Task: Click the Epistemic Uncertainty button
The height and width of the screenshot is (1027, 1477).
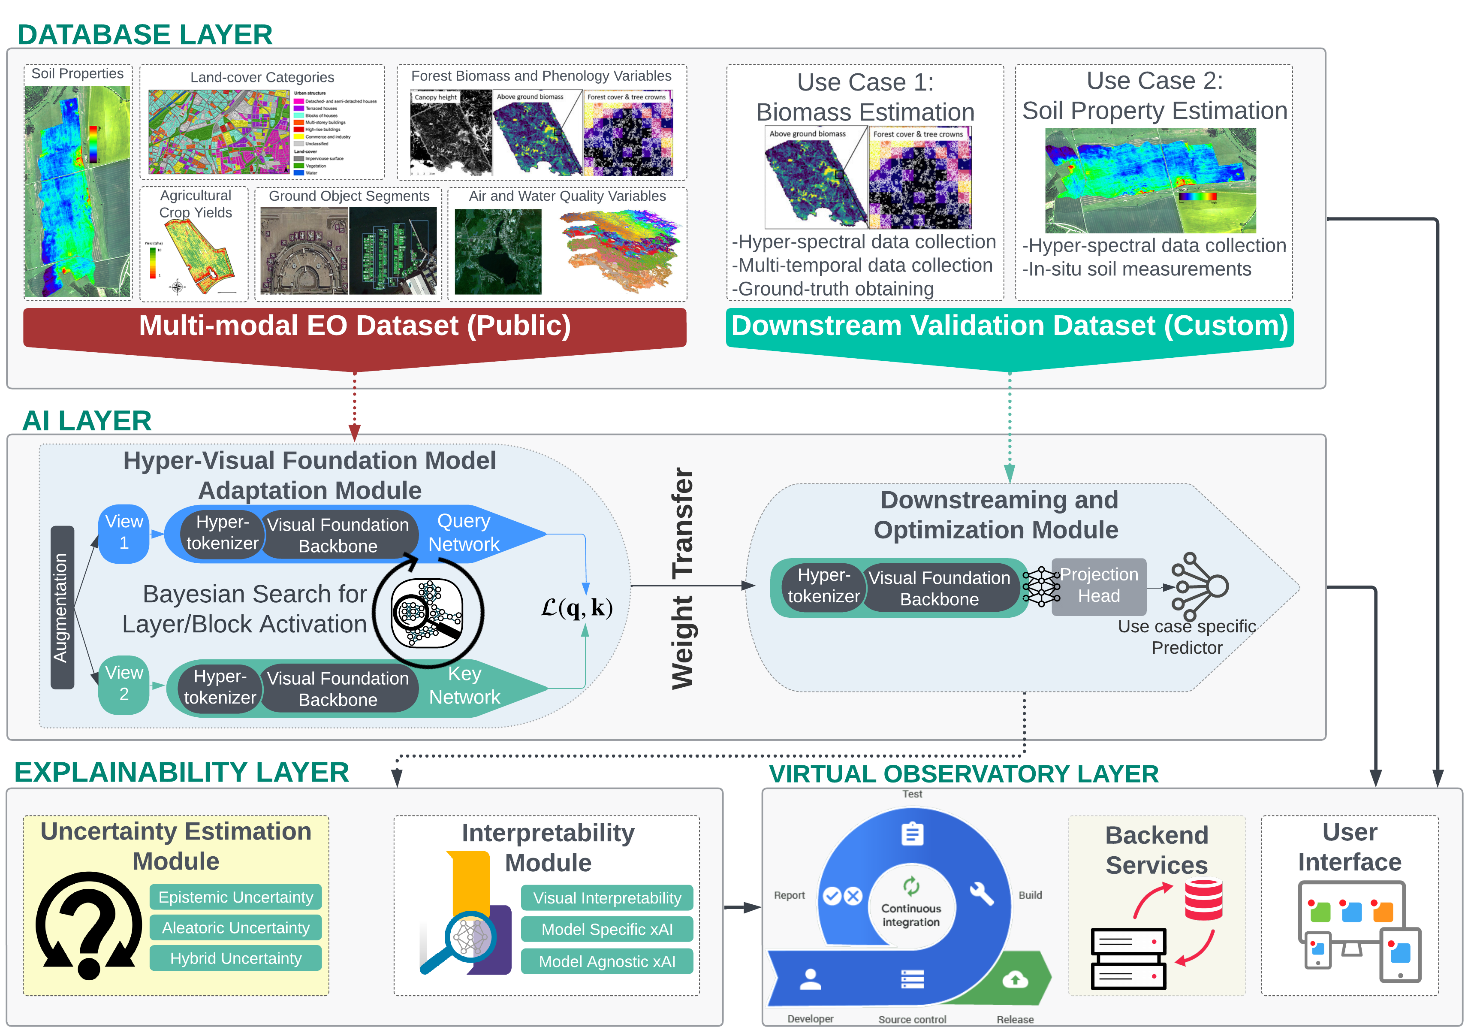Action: click(x=235, y=897)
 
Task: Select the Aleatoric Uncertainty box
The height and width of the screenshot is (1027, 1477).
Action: click(x=235, y=927)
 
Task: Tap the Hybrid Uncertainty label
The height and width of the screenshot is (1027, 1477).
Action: click(x=235, y=958)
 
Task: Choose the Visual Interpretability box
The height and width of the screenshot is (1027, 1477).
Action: click(x=606, y=897)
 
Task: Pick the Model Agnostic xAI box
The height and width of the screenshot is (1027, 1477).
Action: click(x=606, y=961)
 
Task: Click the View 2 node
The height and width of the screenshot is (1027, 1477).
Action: click(x=124, y=683)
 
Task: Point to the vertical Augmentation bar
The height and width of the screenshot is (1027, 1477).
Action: click(x=62, y=607)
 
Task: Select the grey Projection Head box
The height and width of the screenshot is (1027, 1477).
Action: click(x=1099, y=586)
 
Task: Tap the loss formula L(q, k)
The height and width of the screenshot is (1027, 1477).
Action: click(x=576, y=607)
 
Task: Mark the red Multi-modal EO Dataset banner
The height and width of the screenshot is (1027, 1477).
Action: click(x=354, y=326)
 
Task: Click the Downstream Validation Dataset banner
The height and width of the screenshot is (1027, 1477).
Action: click(x=1010, y=326)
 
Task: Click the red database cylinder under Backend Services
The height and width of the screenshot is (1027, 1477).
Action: click(x=1203, y=900)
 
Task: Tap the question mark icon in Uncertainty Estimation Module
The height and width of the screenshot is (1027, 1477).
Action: click(x=89, y=925)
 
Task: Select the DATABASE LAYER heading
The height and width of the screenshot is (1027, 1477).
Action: click(x=145, y=34)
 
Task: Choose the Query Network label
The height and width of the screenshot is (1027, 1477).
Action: click(x=464, y=533)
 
